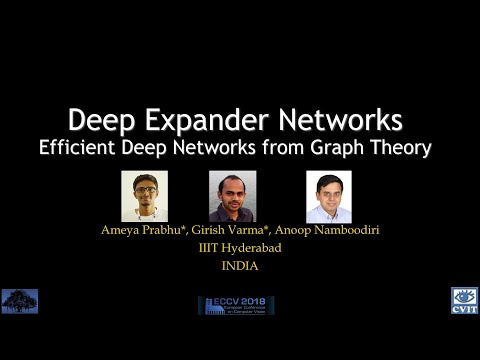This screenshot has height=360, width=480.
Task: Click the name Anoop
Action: [x=308, y=230]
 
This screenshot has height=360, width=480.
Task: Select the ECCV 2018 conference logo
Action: [x=239, y=305]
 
